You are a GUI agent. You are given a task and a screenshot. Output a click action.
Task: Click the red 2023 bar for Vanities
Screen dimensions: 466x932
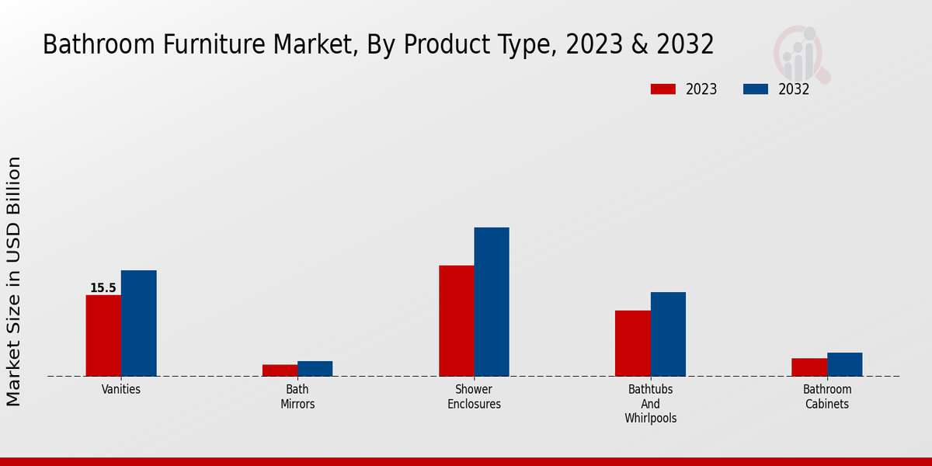tap(103, 336)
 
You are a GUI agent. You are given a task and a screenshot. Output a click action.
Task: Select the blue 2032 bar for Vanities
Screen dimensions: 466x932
tap(138, 323)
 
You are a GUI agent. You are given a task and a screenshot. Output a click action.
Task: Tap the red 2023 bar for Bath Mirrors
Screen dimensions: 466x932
tap(280, 370)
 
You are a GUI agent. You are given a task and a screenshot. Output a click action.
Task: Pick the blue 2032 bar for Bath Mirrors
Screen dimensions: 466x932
tap(315, 368)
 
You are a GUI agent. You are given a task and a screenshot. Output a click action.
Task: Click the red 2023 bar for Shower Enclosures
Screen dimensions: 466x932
tap(456, 321)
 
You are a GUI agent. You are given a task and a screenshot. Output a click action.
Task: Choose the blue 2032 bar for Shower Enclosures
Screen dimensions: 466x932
tap(492, 301)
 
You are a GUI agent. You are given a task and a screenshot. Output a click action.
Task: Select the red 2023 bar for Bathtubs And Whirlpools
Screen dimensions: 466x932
tap(632, 343)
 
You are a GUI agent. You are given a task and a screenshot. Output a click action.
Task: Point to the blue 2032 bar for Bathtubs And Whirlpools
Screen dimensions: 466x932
tap(668, 334)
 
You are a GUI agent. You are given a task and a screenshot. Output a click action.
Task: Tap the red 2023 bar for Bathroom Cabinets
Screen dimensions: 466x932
tap(809, 367)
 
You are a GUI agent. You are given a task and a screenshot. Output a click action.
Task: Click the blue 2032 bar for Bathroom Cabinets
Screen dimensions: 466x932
tap(844, 364)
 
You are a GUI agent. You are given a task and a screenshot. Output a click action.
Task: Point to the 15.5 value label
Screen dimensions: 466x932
tap(103, 288)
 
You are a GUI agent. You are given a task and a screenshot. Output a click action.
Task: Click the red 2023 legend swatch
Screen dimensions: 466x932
tap(662, 89)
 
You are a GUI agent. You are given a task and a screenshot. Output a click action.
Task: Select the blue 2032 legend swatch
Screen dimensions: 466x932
tap(755, 89)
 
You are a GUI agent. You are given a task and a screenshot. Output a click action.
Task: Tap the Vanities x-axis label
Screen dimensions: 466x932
tap(121, 390)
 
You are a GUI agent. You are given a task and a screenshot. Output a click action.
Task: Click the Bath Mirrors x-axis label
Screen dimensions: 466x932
tap(297, 397)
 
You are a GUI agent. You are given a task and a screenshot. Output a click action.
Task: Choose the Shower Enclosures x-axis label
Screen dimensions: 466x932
tap(474, 397)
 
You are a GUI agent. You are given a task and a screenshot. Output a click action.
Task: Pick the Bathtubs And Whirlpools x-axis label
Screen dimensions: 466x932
tap(650, 404)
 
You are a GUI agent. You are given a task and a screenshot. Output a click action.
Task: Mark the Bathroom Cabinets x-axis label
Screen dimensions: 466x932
tap(827, 397)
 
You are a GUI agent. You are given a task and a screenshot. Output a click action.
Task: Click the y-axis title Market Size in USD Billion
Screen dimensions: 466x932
tap(14, 281)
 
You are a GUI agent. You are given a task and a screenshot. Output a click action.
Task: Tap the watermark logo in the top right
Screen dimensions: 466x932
tap(800, 53)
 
